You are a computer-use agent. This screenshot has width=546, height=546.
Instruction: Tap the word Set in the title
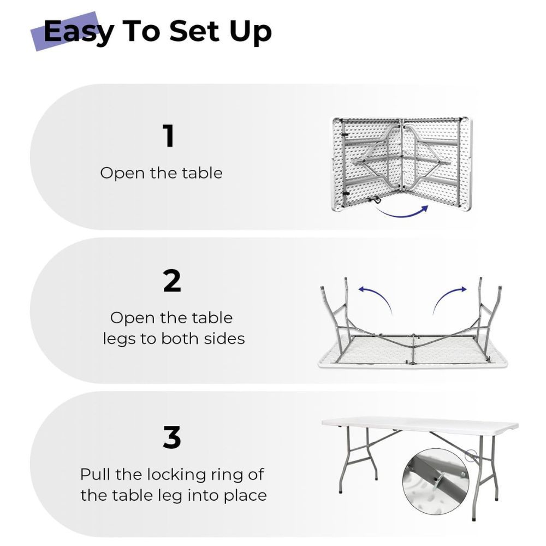tap(194, 31)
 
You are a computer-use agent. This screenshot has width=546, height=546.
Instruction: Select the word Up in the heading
tap(251, 33)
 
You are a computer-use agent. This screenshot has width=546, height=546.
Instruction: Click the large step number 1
tap(169, 136)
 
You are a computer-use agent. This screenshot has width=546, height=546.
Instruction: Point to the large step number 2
tap(172, 281)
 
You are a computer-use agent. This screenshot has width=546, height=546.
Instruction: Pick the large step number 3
tap(172, 437)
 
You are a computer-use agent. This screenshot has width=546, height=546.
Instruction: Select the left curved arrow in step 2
tap(376, 296)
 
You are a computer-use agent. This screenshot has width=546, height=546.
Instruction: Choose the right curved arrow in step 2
tap(449, 296)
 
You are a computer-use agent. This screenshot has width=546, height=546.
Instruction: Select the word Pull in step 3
tap(95, 474)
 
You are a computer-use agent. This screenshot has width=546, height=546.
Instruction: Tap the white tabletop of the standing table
tap(420, 425)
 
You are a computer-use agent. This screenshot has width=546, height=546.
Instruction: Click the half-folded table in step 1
tap(401, 164)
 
